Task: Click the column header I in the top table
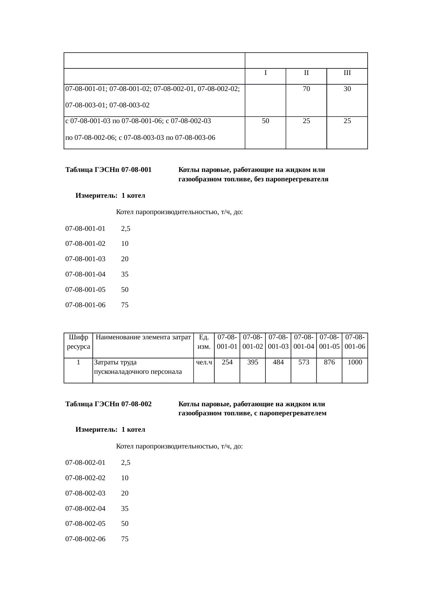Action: [265, 73]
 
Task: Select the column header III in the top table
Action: [347, 73]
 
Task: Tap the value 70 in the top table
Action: [306, 89]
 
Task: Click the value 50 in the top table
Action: [265, 121]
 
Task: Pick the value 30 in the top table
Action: [347, 89]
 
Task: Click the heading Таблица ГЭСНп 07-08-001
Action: [108, 170]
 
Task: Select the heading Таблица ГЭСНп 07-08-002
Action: [108, 404]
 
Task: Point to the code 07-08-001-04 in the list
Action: [85, 274]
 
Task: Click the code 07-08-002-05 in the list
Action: [85, 523]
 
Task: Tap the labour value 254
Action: [227, 362]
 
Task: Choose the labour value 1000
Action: [355, 362]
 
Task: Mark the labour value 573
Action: [304, 362]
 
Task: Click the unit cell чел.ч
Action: [204, 362]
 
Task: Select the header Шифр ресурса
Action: [78, 342]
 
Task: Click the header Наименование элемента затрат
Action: [143, 337]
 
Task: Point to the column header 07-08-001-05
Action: [329, 342]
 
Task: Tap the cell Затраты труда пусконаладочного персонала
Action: [138, 367]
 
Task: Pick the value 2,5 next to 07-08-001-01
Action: [125, 229]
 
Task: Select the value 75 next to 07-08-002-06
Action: [125, 539]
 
